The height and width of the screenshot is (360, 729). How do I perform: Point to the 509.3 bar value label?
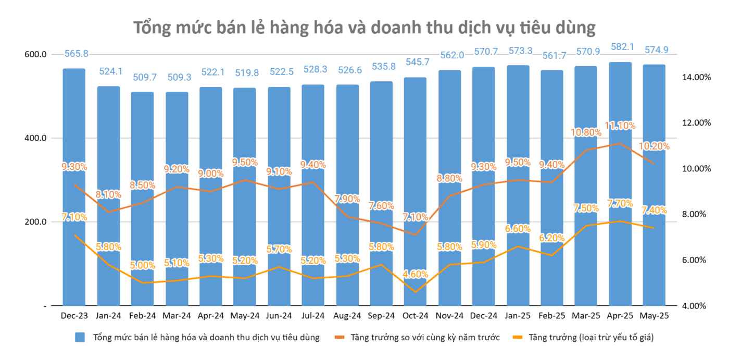[x=177, y=78]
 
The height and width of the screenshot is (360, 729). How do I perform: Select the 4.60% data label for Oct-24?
[x=415, y=274]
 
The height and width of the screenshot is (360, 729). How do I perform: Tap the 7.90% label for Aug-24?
[x=347, y=198]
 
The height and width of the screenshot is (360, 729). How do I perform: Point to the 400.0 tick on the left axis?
[x=36, y=138]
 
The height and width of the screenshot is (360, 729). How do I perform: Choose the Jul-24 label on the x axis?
[x=313, y=316]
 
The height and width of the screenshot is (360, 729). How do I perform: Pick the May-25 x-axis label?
[x=654, y=316]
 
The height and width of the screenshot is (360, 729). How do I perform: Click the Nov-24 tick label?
[x=449, y=316]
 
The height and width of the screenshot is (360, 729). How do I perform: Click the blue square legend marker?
[x=80, y=338]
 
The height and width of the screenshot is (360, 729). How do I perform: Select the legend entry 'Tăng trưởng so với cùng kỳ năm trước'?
[x=425, y=338]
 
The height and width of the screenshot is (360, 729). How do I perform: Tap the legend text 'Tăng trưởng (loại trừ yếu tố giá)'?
[x=590, y=338]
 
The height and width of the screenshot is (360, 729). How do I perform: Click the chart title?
[x=364, y=28]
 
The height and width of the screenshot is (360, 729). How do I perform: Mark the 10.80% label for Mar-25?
[x=586, y=132]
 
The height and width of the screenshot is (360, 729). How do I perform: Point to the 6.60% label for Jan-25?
[x=518, y=229]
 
